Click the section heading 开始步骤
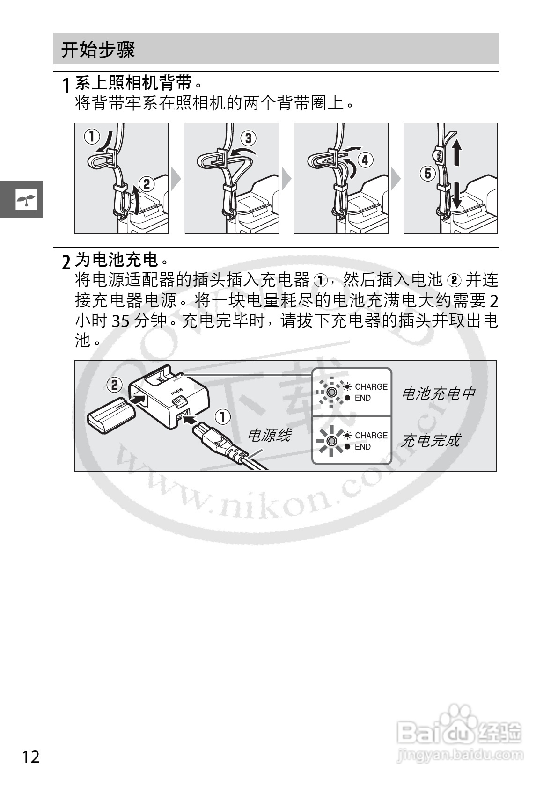98,50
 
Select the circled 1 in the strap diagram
92,137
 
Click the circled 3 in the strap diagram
248,138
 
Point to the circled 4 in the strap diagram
365,160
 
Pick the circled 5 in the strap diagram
427,174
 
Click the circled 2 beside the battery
114,385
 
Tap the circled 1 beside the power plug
223,416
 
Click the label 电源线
269,436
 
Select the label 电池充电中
438,393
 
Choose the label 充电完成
430,440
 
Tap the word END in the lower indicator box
362,447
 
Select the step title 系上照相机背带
134,83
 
